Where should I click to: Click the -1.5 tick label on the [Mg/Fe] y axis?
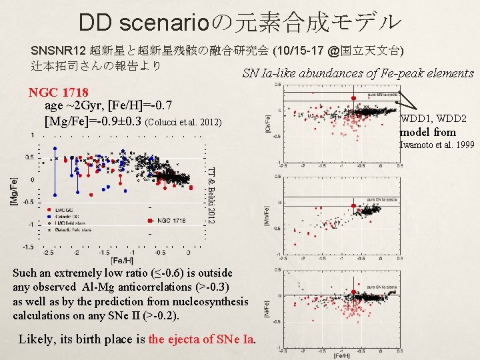[28, 247]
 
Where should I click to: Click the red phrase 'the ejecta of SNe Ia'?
[201, 339]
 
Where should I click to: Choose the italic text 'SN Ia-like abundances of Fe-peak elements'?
[357, 73]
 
